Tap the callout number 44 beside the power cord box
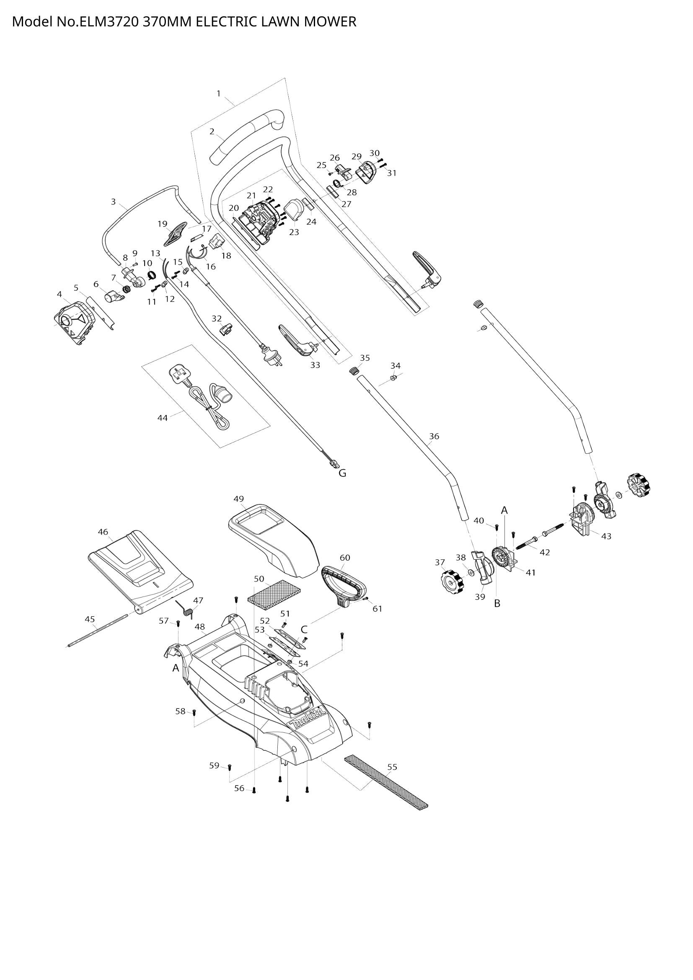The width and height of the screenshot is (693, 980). pos(163,418)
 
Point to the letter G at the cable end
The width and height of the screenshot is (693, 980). pos(342,473)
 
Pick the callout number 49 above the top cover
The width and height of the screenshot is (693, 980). pos(239,499)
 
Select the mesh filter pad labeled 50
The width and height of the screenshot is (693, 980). pos(274,593)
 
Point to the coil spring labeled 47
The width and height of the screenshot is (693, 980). pos(188,609)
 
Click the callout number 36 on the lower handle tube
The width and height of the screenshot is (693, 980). pos(434,436)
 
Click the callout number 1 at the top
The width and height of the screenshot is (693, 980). pos(219,93)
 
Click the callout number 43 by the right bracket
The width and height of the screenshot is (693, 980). pos(606,536)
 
